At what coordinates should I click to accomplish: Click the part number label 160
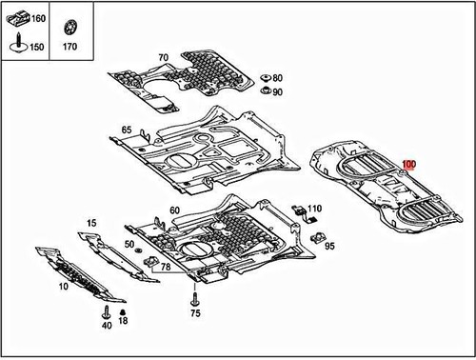(38, 19)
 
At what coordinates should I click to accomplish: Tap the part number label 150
(38, 46)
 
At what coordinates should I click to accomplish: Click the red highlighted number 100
(409, 165)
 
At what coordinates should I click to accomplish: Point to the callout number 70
(163, 58)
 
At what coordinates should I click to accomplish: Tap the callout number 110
(315, 208)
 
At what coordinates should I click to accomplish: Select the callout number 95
(330, 246)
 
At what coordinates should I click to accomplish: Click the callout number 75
(195, 312)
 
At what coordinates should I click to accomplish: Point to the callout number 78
(167, 268)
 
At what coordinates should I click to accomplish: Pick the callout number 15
(91, 223)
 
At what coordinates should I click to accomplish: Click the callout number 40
(107, 326)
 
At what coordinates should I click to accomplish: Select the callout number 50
(129, 245)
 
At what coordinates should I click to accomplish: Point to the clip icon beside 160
(16, 18)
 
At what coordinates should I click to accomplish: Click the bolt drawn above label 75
(195, 290)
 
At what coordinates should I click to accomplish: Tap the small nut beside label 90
(264, 92)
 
